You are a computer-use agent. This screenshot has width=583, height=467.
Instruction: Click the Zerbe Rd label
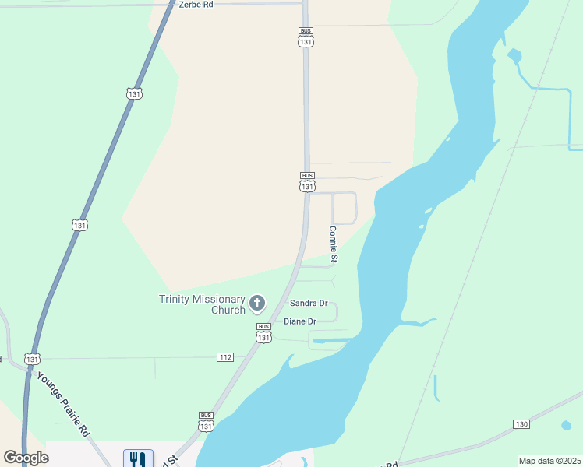pos(196,4)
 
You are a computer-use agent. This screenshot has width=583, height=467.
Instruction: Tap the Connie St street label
pos(334,244)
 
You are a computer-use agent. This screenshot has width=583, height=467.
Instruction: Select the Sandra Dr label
pos(308,303)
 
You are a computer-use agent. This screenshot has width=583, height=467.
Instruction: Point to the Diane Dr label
pos(300,321)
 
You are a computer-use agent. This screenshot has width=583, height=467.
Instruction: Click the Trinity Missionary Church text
pos(201,304)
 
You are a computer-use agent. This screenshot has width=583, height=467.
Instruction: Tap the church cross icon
pos(257,303)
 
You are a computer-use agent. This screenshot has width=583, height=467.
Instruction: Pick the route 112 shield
pos(225,357)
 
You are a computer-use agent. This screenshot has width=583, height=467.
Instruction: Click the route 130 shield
pos(521,423)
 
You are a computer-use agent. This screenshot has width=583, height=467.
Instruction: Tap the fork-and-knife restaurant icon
pos(138,458)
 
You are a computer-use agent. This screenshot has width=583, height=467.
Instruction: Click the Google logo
pos(26,458)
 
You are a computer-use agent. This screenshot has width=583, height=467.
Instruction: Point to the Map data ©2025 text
pos(549,461)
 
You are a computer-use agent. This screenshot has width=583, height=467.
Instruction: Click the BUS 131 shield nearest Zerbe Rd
pos(306,37)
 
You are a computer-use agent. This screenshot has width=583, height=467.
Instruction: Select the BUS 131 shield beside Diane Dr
pos(263,333)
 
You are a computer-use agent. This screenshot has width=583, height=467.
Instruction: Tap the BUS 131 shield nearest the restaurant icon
pos(206,422)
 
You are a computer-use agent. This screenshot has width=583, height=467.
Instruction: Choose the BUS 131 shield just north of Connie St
pos(307,182)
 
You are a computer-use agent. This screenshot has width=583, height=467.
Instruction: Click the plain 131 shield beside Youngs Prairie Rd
pos(32,359)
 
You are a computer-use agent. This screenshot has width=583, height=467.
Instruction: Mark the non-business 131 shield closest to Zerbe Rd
pos(134,93)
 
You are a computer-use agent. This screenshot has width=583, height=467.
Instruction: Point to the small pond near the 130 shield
pos(566,426)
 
